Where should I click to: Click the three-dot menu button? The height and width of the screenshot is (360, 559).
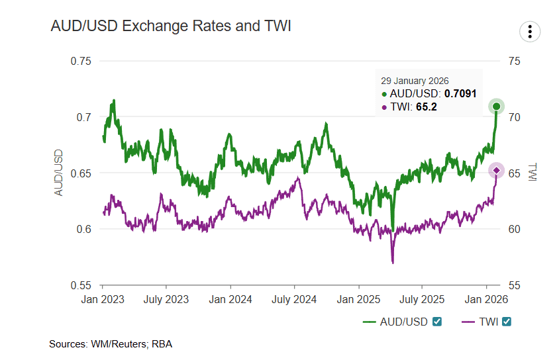pyautogui.click(x=531, y=31)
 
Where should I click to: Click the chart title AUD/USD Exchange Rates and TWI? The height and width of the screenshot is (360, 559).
pyautogui.click(x=171, y=26)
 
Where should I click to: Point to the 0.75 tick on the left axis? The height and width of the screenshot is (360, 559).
pyautogui.click(x=81, y=61)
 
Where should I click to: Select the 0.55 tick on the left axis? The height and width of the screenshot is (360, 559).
pyautogui.click(x=81, y=285)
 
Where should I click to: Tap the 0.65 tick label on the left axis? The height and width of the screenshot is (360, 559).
pyautogui.click(x=81, y=173)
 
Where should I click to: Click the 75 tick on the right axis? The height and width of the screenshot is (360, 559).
pyautogui.click(x=515, y=61)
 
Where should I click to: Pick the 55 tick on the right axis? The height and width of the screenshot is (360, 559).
pyautogui.click(x=515, y=285)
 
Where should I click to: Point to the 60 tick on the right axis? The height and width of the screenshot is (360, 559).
pyautogui.click(x=515, y=230)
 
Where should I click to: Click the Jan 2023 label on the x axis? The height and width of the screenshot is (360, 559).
pyautogui.click(x=103, y=300)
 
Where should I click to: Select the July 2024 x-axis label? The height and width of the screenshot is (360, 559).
pyautogui.click(x=294, y=300)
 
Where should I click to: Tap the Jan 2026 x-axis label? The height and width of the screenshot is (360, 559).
pyautogui.click(x=485, y=300)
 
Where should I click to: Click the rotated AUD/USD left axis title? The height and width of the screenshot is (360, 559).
pyautogui.click(x=58, y=173)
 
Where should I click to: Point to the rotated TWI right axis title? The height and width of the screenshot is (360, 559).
pyautogui.click(x=534, y=173)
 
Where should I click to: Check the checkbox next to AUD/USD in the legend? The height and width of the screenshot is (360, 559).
pyautogui.click(x=437, y=322)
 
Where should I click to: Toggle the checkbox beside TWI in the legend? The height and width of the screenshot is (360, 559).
pyautogui.click(x=507, y=322)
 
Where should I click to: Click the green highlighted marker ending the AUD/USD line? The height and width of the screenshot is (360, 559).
pyautogui.click(x=496, y=106)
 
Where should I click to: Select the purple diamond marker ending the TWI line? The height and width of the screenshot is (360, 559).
pyautogui.click(x=497, y=171)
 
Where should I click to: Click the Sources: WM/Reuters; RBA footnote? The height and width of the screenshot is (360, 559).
pyautogui.click(x=111, y=344)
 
